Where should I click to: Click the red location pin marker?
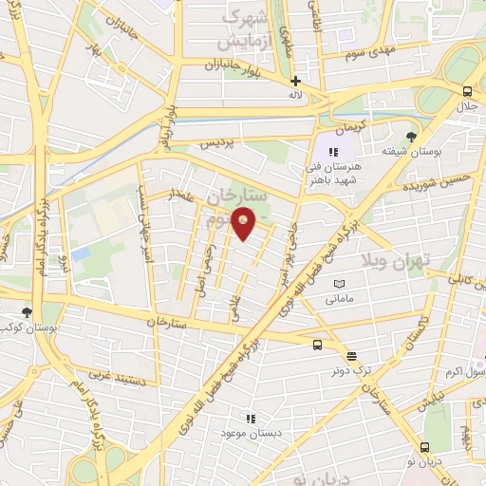244,223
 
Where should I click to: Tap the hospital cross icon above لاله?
296,82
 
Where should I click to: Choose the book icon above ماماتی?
340,284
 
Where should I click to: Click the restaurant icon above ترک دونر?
352,357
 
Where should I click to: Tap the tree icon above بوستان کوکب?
28,311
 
